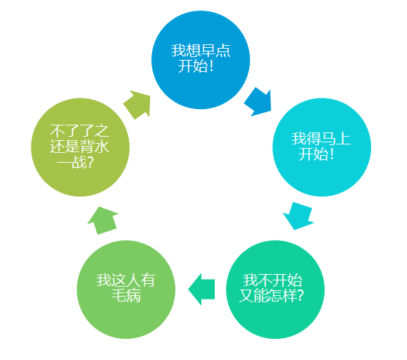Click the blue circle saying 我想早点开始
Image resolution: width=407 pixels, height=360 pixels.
pyautogui.click(x=201, y=60)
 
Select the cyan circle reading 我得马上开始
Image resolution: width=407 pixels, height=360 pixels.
pyautogui.click(x=322, y=147)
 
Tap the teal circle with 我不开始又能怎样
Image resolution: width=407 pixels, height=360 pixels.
pyautogui.click(x=275, y=290)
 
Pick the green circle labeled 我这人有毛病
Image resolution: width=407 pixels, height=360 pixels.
pyautogui.click(x=126, y=290)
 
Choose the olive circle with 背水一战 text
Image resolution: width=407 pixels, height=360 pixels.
pyautogui.click(x=80, y=147)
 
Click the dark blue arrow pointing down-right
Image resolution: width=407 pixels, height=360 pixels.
pyautogui.click(x=258, y=102)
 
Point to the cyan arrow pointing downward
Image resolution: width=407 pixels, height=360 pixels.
pyautogui.click(x=299, y=216)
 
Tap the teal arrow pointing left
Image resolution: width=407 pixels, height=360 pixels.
pyautogui.click(x=201, y=289)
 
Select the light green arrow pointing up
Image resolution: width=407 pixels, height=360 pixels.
pyautogui.click(x=103, y=221)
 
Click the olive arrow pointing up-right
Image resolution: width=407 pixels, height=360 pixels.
pyautogui.click(x=137, y=104)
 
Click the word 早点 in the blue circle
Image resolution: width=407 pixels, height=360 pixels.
pyautogui.click(x=215, y=51)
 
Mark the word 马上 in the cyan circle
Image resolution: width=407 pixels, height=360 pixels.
pyautogui.click(x=336, y=139)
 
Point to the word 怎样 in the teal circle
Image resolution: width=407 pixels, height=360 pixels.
pyautogui.click(x=282, y=296)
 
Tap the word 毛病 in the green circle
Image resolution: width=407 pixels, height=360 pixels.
pyautogui.click(x=127, y=296)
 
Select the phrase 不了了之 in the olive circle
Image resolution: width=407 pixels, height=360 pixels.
pyautogui.click(x=80, y=130)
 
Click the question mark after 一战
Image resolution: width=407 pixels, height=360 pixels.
pyautogui.click(x=89, y=163)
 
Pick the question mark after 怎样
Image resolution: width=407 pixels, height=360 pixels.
pyautogui.click(x=300, y=296)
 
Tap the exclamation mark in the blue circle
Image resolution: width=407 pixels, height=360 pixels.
pyautogui.click(x=211, y=66)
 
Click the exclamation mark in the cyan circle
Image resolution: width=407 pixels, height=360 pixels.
pyautogui.click(x=332, y=154)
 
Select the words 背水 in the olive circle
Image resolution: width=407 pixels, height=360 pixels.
pyautogui.click(x=94, y=147)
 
